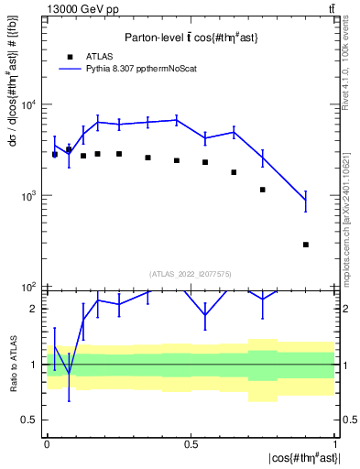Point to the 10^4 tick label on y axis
pyautogui.click(x=29, y=104)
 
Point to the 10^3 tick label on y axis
pyautogui.click(x=29, y=196)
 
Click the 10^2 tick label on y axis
pyautogui.click(x=29, y=288)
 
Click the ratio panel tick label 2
pyautogui.click(x=35, y=310)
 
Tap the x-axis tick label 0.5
pyautogui.click(x=191, y=442)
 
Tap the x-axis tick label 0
pyautogui.click(x=46, y=442)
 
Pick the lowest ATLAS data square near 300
pyautogui.click(x=306, y=245)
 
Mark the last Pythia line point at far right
pyautogui.click(x=306, y=200)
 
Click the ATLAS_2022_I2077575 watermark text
pyautogui.click(x=191, y=273)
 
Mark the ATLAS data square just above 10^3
pyautogui.click(x=263, y=190)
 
